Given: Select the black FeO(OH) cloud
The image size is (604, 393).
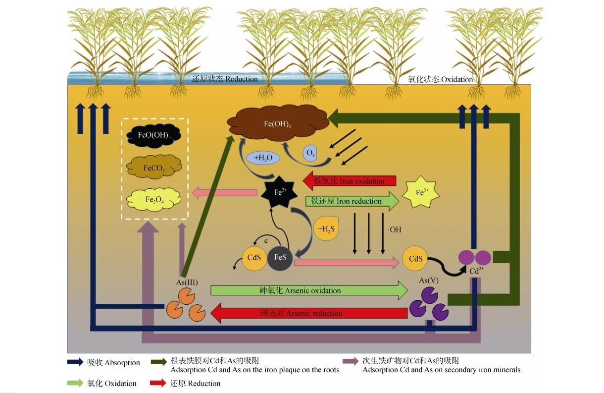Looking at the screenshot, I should (x=154, y=135).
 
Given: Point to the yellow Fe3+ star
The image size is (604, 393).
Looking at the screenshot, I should (x=420, y=193).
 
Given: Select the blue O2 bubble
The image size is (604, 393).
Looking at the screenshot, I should (x=311, y=154).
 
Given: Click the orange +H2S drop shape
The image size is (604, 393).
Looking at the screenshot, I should (x=327, y=229).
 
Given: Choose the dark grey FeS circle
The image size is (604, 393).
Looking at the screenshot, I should (x=280, y=258).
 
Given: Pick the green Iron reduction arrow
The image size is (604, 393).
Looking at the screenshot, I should (x=352, y=201).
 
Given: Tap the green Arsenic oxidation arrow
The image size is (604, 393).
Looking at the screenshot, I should (x=307, y=290).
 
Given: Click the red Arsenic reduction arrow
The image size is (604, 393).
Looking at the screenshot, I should (x=307, y=313).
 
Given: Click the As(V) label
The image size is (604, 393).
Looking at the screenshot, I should (x=428, y=281).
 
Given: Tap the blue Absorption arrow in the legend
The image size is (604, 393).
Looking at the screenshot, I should (x=75, y=362).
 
